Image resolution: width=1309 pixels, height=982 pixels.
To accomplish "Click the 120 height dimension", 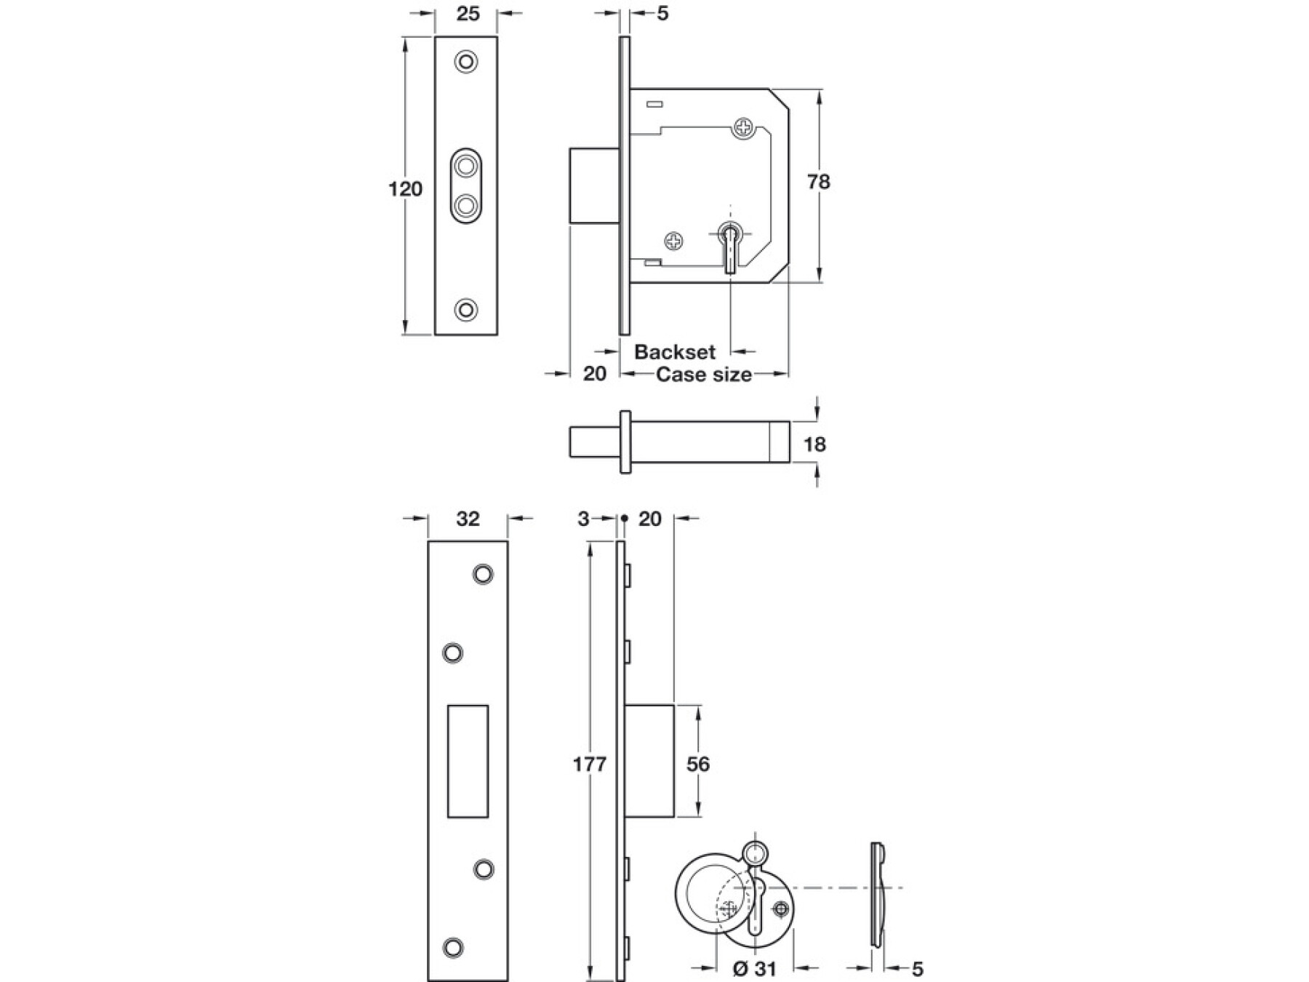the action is pos(405,189).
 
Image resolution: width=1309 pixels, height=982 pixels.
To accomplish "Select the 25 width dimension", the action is pos(468,13).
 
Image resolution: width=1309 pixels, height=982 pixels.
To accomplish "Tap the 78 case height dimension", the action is pos(818,181).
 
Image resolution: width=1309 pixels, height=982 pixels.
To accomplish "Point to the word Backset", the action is pos(675,352).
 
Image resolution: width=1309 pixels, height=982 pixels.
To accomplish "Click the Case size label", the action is pos(703,375).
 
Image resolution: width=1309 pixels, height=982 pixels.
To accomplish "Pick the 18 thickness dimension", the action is pos(814,444).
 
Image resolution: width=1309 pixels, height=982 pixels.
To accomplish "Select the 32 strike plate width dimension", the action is pos(468,518).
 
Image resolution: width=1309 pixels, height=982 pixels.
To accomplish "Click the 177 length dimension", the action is pos(589,764).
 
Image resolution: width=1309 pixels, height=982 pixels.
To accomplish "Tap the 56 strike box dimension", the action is pos(697,764).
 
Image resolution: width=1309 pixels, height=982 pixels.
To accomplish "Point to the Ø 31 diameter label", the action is pos(754,969).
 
